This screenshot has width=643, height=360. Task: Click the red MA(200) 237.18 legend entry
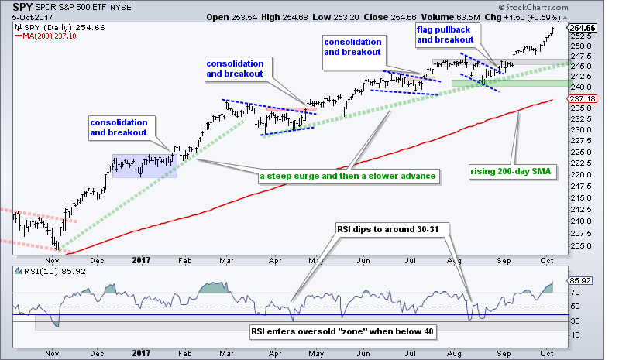[50, 37]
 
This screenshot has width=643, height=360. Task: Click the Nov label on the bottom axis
[52, 352]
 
